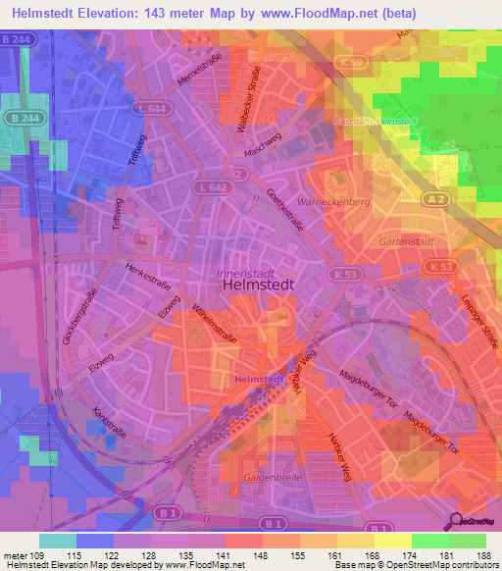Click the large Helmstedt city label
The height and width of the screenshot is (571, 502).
tap(251, 284)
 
